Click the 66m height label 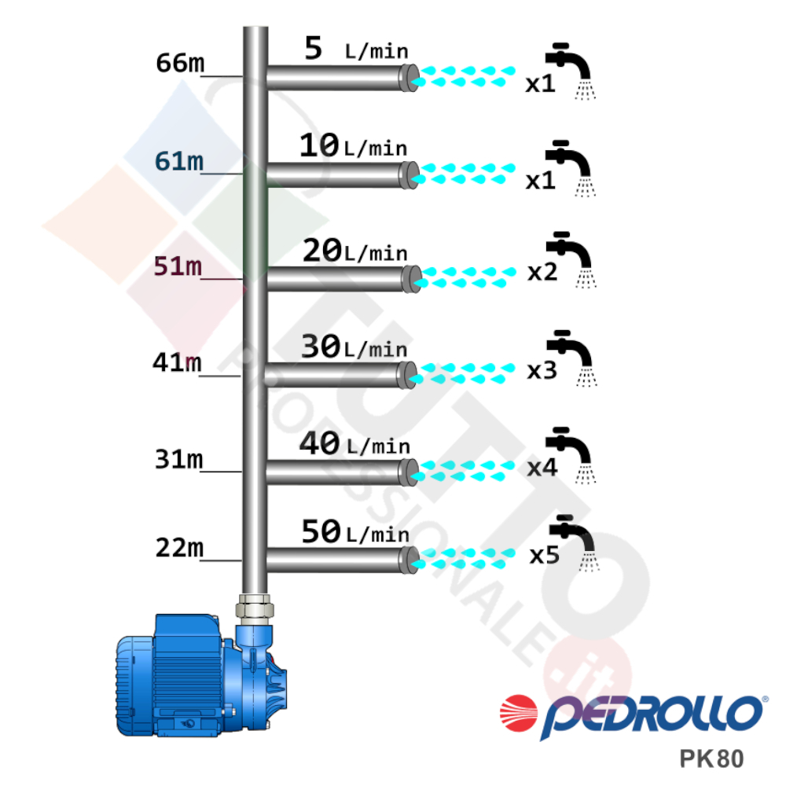click(180, 63)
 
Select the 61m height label click(179, 161)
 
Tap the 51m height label click(178, 266)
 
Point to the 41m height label click(177, 362)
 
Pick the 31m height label click(179, 459)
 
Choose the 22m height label click(179, 547)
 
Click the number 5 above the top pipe click(314, 48)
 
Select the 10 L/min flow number click(319, 145)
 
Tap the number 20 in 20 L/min click(322, 250)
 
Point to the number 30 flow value click(321, 347)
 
